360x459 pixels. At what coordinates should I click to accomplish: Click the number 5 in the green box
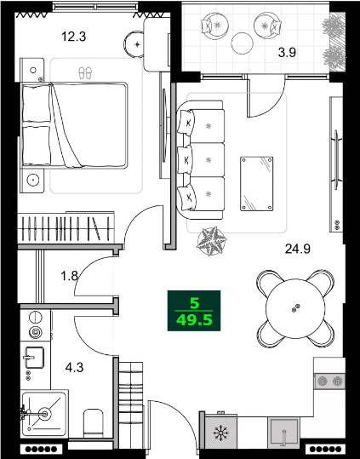(x=195, y=302)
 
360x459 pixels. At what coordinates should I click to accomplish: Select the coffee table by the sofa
(x=257, y=182)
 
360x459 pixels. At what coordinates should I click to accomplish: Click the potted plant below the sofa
(x=209, y=241)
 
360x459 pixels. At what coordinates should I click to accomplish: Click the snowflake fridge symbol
(x=220, y=434)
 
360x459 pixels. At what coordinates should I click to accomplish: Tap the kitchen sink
(x=284, y=434)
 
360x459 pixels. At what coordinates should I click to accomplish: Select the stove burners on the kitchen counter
(x=331, y=382)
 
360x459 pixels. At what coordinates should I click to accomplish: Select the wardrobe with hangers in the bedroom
(x=66, y=230)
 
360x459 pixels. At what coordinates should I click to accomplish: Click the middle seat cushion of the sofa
(x=209, y=158)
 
